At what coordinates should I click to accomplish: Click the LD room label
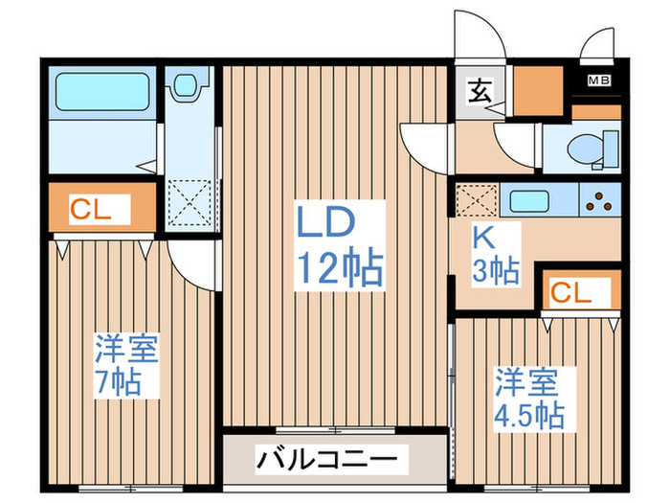pos(325,221)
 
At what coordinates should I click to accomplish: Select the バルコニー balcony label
pos(327,460)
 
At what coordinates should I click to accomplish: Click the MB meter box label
pos(599,80)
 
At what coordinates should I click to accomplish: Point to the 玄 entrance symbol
pos(480,92)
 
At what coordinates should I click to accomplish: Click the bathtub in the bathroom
pos(102,92)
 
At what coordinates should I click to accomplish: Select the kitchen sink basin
pos(529,201)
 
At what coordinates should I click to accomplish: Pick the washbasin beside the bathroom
pos(186,85)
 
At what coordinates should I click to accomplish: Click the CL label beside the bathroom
pos(91,210)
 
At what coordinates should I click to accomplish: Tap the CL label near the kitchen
pos(570,293)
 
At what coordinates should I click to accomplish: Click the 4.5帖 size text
pos(529,415)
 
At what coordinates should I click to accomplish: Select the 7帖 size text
pos(118,382)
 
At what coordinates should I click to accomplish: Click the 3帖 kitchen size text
pos(496,270)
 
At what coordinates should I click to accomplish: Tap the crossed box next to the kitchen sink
pos(478,199)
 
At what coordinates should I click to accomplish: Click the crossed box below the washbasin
pos(190,203)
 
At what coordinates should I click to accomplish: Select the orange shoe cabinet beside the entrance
pos(538,91)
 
